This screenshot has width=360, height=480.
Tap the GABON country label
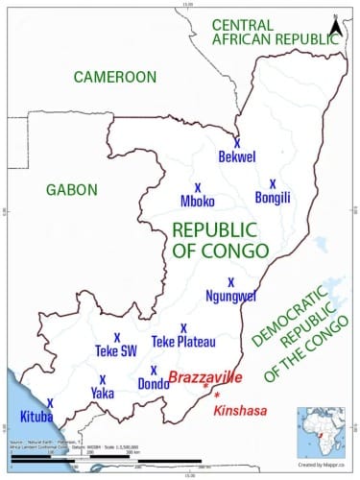pos(71,189)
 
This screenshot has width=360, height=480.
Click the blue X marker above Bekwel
pos(237,141)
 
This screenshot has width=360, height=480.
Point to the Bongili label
pos(273,198)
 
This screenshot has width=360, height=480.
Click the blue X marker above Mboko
pos(198,186)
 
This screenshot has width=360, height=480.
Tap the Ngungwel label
pos(231,296)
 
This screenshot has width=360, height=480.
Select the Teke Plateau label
pos(183,341)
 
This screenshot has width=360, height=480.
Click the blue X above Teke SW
pos(117,337)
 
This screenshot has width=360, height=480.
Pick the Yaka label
pos(102,393)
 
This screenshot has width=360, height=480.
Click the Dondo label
pos(154,384)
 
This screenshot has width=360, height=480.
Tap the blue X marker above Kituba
pos(50,403)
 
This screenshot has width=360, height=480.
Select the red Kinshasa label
pos(239,410)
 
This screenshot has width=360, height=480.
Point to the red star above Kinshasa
pos(218,396)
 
